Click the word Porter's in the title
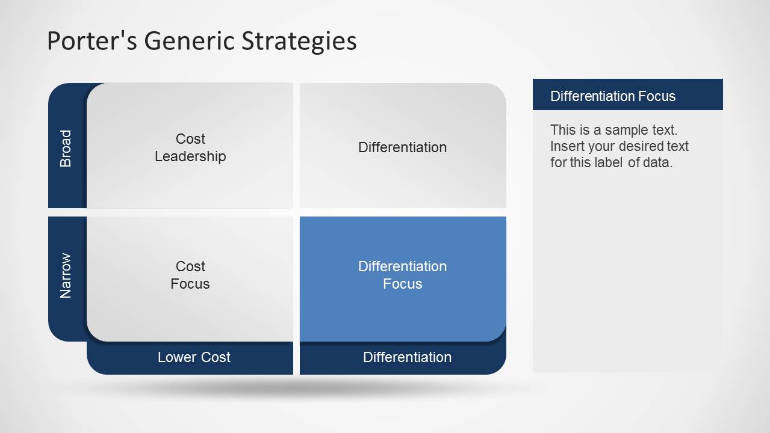(x=82, y=41)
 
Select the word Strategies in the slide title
(x=299, y=41)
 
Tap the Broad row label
(x=66, y=148)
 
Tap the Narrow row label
(x=66, y=275)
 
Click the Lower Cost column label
(x=194, y=357)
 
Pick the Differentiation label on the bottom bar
(x=407, y=357)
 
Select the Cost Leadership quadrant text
(x=190, y=147)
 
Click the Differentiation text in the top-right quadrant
(x=402, y=147)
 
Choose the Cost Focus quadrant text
(x=190, y=275)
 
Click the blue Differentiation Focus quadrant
(x=402, y=275)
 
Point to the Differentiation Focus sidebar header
(x=613, y=96)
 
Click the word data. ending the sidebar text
(x=657, y=162)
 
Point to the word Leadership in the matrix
(x=190, y=156)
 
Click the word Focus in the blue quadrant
(x=402, y=284)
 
